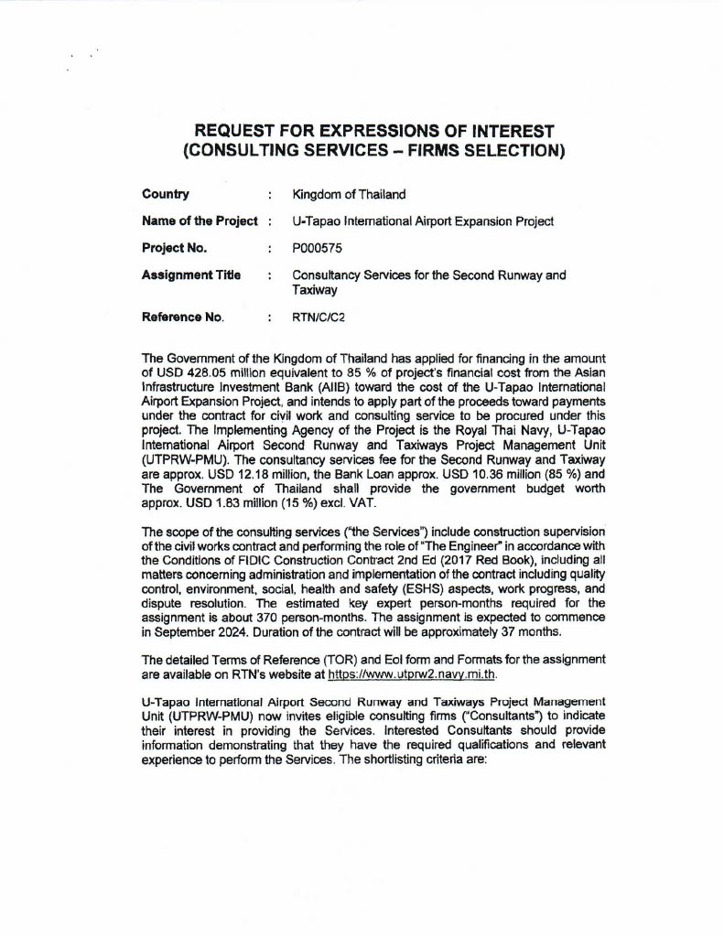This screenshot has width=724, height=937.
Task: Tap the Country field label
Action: [x=166, y=194]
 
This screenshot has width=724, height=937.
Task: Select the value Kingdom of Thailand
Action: [x=349, y=194]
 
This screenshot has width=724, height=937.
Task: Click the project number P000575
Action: [x=319, y=248]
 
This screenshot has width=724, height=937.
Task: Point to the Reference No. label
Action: [x=183, y=318]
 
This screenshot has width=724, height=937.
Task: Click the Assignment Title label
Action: [x=191, y=275]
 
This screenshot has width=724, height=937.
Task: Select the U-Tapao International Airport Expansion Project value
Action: [x=422, y=221]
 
